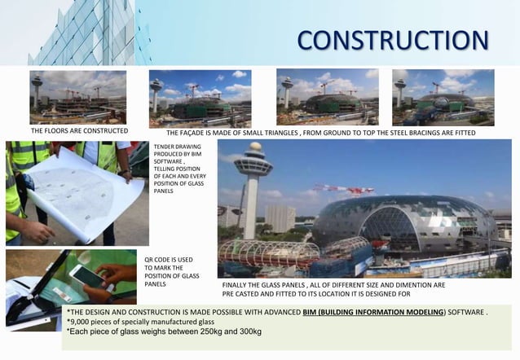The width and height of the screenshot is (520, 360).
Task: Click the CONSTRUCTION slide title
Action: tap(393, 39)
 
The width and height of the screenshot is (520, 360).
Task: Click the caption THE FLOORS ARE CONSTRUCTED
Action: tap(79, 130)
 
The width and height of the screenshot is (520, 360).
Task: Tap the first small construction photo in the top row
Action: tap(78, 97)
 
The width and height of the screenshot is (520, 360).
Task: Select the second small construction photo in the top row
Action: tap(200, 97)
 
